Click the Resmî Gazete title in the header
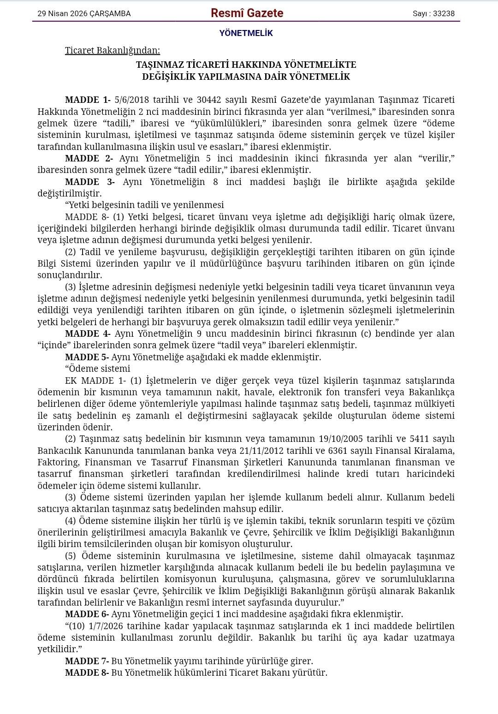[247, 13]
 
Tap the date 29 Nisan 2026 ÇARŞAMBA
[84, 14]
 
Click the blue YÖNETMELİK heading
[246, 33]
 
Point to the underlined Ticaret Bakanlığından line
[113, 50]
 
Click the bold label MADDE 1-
[88, 100]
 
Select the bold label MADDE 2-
[89, 159]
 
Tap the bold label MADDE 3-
[89, 182]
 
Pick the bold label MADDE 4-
[88, 333]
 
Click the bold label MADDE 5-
[87, 357]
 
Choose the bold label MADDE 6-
[87, 614]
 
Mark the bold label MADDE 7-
[87, 661]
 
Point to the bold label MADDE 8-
[87, 672]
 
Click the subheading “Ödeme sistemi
[98, 369]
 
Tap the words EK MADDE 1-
[95, 381]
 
